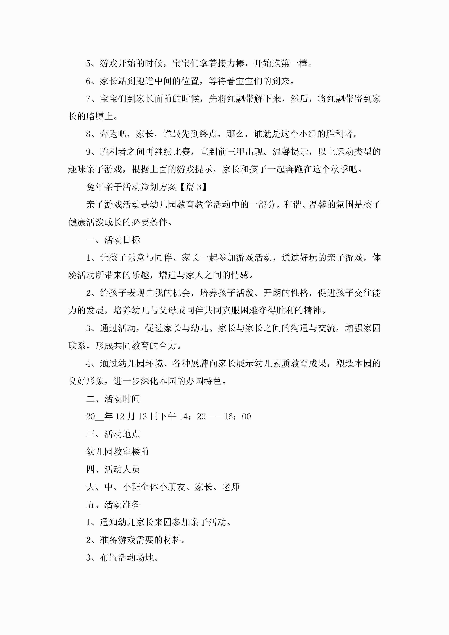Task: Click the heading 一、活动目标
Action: [113, 240]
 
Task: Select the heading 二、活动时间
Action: [113, 399]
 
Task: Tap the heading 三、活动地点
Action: [113, 434]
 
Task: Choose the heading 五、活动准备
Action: [113, 504]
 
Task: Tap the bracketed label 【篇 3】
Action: [194, 187]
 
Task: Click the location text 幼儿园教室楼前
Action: [118, 452]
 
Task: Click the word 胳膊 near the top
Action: [95, 116]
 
